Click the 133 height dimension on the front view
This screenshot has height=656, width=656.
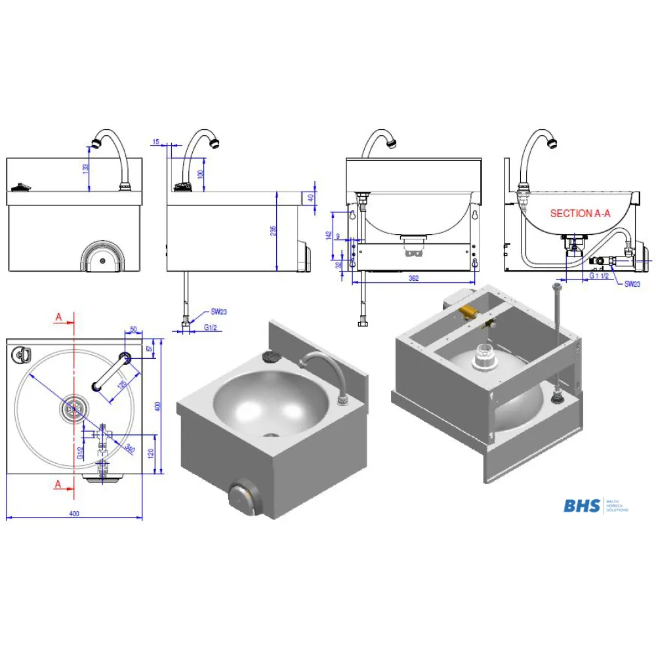tap(85, 169)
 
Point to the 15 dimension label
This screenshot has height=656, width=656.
tap(155, 142)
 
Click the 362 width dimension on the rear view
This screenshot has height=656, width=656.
tap(413, 278)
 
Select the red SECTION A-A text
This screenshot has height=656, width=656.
tap(580, 213)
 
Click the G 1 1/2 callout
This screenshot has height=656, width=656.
tap(598, 276)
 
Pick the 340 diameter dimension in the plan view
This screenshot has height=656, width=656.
tap(129, 449)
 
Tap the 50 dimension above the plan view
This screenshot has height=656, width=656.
tap(133, 329)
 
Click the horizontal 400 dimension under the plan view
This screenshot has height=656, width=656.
tap(74, 513)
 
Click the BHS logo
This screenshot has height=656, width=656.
tap(582, 505)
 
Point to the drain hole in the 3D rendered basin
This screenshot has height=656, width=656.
tap(271, 435)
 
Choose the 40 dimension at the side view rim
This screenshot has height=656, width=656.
tap(311, 197)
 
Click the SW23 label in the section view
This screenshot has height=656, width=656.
tap(632, 283)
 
